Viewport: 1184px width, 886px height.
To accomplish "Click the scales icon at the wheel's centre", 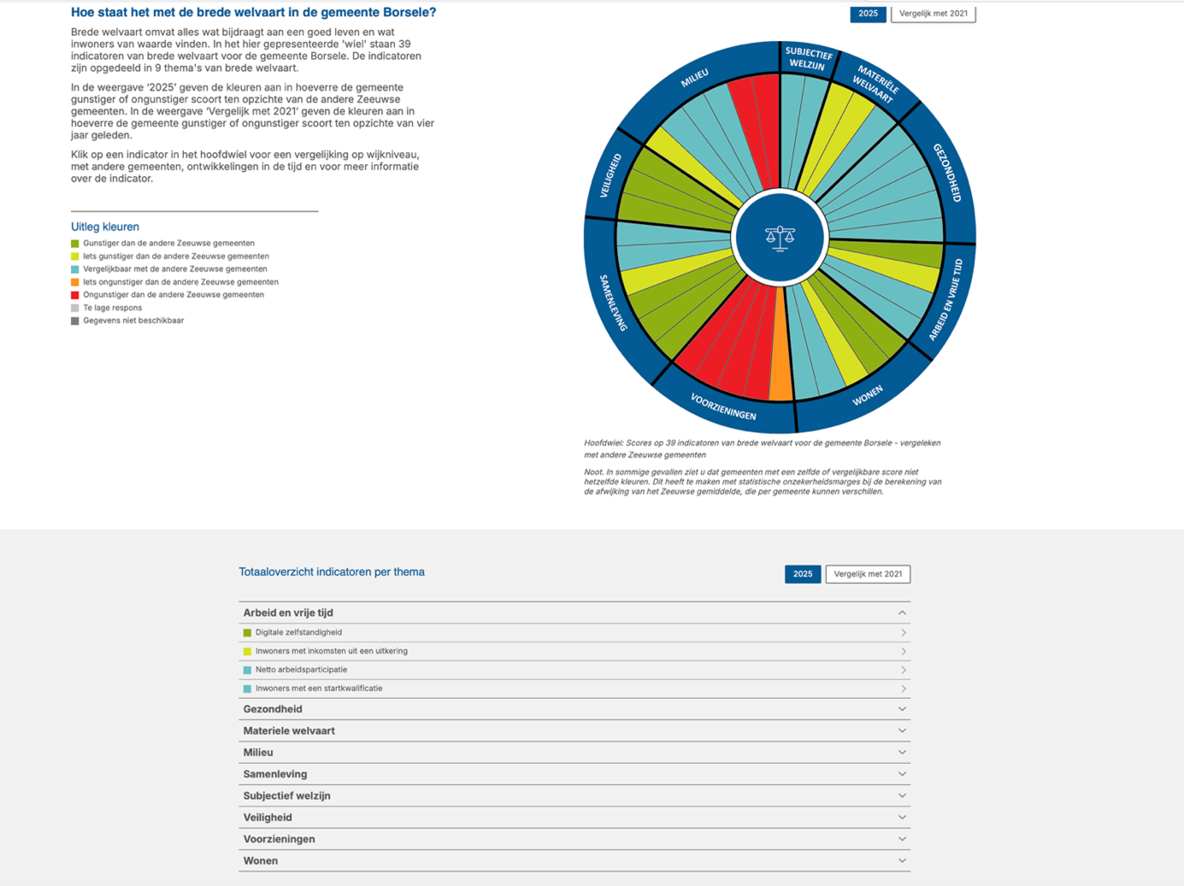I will tap(780, 238).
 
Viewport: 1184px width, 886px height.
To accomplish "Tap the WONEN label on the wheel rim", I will tap(867, 395).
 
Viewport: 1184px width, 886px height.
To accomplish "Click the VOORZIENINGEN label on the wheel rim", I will tap(723, 407).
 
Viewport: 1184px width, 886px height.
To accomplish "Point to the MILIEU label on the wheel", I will tap(694, 79).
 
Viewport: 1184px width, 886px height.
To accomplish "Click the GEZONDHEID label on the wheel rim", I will tap(947, 173).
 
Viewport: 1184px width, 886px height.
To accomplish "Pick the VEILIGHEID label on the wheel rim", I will tap(610, 176).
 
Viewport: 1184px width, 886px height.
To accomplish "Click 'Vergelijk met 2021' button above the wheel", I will tap(933, 14).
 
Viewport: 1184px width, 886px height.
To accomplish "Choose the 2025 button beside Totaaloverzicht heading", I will tap(802, 574).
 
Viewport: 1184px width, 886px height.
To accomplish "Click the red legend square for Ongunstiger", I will tap(75, 295).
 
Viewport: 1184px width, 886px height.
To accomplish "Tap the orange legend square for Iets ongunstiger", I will tap(75, 282).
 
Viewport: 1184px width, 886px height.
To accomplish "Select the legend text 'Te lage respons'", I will tap(112, 308).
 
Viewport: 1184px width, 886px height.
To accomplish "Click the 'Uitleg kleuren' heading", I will tap(104, 227).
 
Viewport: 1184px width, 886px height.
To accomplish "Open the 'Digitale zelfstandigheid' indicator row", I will tap(298, 633).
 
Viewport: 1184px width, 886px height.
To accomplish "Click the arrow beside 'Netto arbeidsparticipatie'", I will tap(903, 670).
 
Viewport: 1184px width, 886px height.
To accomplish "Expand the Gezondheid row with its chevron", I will tap(902, 709).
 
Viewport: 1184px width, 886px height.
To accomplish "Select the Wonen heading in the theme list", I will tap(260, 861).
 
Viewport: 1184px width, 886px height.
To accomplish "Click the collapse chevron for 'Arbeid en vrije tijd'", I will tap(902, 613).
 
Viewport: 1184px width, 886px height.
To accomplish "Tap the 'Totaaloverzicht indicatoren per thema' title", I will tap(332, 572).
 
